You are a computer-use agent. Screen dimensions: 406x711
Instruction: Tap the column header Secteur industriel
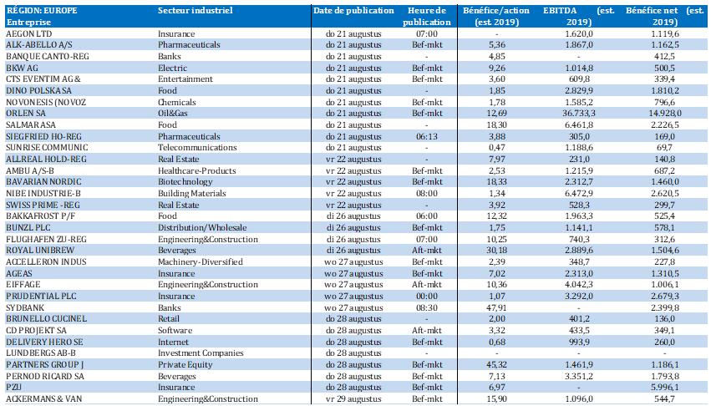(x=196, y=10)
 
